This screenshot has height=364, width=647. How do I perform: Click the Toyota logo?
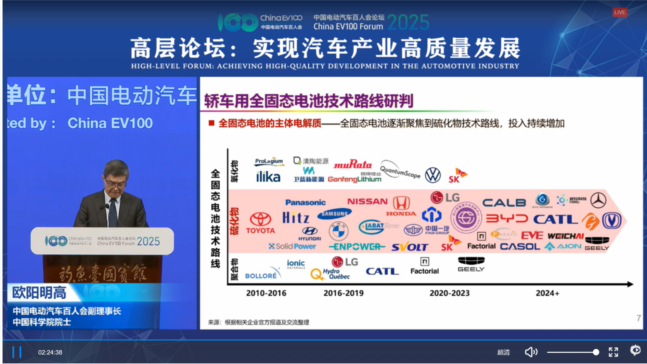tap(261, 223)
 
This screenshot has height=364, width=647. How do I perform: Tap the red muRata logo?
tap(352, 165)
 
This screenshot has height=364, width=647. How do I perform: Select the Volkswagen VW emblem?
tap(433, 175)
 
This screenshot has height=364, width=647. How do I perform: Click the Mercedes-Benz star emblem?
tap(598, 200)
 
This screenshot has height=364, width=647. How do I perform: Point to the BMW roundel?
tap(338, 231)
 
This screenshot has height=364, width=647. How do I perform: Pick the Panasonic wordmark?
tap(305, 203)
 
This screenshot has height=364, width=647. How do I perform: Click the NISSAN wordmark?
tap(367, 201)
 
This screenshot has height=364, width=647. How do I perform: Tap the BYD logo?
tap(507, 219)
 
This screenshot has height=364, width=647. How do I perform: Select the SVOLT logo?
tap(410, 247)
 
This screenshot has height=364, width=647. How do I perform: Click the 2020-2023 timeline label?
tap(449, 293)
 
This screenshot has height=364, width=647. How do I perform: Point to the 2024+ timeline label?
tap(547, 293)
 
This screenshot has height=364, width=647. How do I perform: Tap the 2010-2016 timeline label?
tap(266, 293)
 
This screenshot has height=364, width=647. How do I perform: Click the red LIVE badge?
tap(620, 12)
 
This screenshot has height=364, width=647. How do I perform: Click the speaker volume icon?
tap(531, 352)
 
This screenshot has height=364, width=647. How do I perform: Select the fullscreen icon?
tap(613, 352)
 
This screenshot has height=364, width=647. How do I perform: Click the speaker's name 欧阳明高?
tap(39, 292)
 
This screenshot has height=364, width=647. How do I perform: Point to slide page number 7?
tap(638, 318)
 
